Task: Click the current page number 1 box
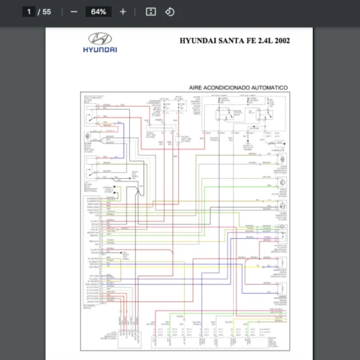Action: point(29,11)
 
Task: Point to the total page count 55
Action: point(47,11)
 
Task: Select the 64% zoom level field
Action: point(99,11)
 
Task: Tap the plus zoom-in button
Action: point(123,11)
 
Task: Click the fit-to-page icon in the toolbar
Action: point(151,11)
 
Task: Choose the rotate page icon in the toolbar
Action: point(170,11)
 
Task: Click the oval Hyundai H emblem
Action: point(100,38)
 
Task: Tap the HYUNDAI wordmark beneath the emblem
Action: point(100,49)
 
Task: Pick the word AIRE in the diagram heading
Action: point(196,88)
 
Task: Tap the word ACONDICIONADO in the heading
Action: point(227,88)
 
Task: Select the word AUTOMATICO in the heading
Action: point(269,88)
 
